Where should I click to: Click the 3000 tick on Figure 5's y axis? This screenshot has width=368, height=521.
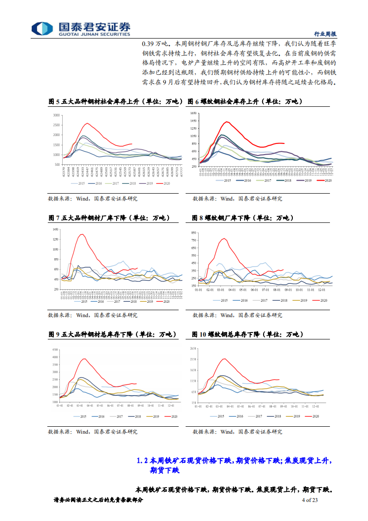pos(56,115)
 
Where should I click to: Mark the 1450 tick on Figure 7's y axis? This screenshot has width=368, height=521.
pos(56,230)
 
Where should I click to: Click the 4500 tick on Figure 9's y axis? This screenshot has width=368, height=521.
pos(56,349)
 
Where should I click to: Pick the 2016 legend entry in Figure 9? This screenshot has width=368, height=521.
pos(99,416)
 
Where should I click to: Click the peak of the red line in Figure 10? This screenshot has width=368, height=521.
pos(224,358)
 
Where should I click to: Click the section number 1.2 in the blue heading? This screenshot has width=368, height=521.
pos(142,461)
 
